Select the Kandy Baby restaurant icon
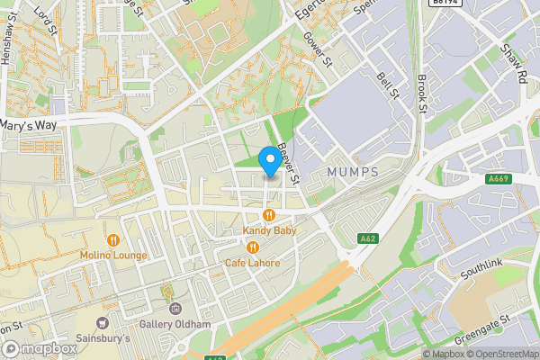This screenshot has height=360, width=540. [x=269, y=214]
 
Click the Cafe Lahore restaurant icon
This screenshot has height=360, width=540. [x=253, y=247]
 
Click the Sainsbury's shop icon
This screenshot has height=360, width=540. [x=102, y=322]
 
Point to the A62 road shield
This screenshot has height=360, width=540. [x=366, y=238]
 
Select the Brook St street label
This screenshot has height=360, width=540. [x=421, y=94]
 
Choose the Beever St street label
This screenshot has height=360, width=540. [x=287, y=146]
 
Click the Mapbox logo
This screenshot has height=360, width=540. [x=38, y=347]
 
